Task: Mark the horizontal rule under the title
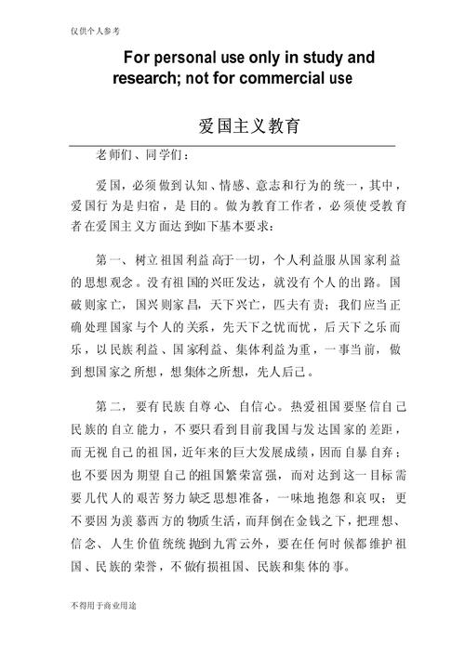coord(232,146)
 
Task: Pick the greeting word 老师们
coord(113,154)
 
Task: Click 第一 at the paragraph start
coord(110,258)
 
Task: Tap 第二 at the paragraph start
coord(110,406)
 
